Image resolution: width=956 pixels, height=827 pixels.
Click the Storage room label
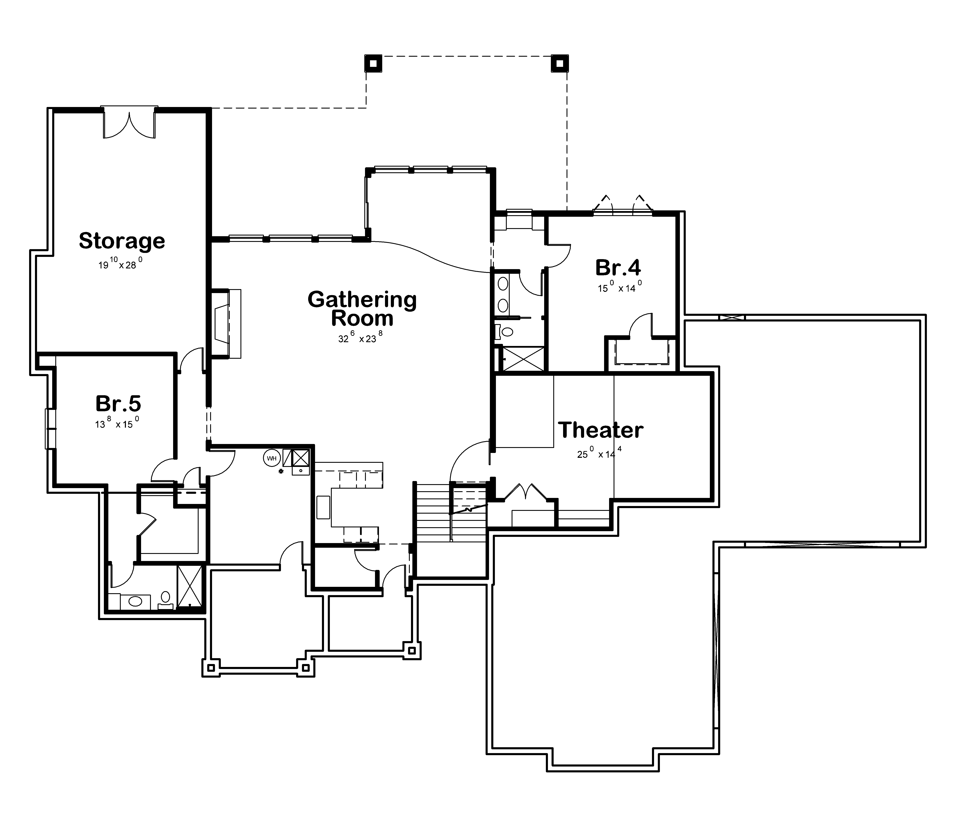coord(122,241)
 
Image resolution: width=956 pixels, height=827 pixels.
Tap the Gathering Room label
coord(362,308)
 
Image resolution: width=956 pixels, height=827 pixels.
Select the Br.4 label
coord(618,268)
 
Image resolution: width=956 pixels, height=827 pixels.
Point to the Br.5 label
coord(118,403)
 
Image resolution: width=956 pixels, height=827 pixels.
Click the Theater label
coord(601,430)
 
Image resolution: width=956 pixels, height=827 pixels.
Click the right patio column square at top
coord(559,63)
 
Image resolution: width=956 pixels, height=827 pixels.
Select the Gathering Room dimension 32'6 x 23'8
coord(360,338)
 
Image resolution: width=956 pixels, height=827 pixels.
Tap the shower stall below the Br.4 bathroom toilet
coord(523,359)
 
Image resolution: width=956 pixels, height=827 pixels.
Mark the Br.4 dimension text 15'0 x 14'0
coord(620,288)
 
